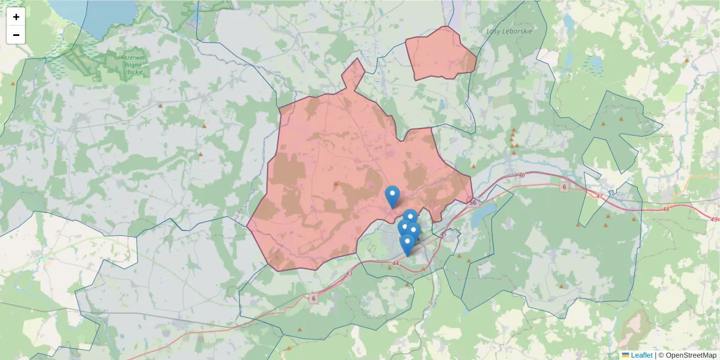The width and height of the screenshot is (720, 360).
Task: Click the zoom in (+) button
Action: (16, 17)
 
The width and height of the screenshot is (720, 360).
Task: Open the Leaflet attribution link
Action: (641, 355)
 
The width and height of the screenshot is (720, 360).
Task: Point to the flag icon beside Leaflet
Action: (625, 355)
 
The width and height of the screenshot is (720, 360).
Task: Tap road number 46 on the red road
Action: (521, 175)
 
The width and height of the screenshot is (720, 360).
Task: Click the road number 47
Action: (600, 196)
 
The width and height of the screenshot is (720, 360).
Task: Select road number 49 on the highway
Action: (713, 219)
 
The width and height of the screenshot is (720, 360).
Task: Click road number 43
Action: (350, 274)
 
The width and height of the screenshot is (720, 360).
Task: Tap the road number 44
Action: (395, 263)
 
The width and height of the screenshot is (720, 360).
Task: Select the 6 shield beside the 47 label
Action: (564, 187)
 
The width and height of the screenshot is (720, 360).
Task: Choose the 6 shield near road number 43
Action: (314, 298)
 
